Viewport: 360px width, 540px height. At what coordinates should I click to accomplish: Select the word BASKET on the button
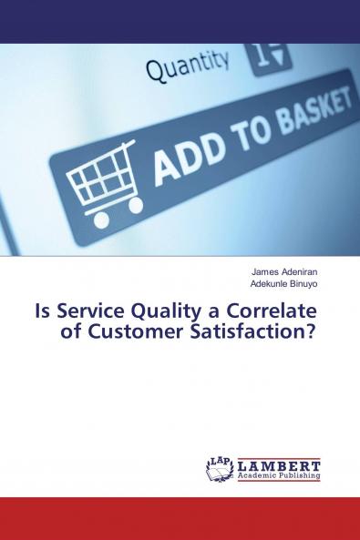coord(306,113)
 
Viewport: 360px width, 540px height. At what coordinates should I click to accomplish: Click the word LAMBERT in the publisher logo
coord(279,464)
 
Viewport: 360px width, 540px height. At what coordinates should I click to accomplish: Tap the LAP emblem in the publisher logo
coord(221,468)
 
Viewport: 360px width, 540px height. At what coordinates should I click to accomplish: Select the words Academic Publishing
coord(279,475)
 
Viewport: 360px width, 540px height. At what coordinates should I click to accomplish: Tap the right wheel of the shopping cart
coord(135,206)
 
